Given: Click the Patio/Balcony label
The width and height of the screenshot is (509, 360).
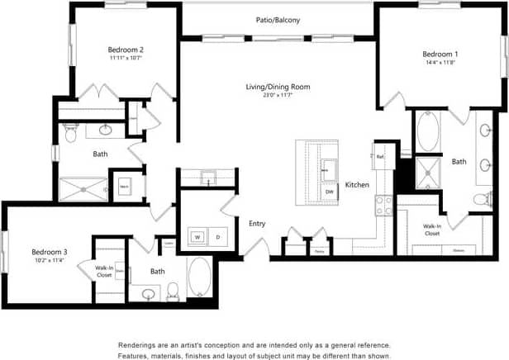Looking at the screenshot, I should click(278, 20).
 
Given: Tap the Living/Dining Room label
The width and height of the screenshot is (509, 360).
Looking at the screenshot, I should click(278, 87).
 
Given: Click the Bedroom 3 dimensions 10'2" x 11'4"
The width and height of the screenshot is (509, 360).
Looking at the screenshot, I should click(50, 261).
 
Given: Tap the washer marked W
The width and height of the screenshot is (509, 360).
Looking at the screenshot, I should click(197, 237).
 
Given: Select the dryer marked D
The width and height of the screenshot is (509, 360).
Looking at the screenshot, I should click(218, 237).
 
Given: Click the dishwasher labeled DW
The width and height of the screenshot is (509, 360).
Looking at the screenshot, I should click(329, 192).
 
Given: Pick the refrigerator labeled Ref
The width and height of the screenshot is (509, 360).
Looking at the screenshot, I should click(380, 156).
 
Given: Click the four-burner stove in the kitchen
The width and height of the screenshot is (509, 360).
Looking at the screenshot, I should click(384, 205).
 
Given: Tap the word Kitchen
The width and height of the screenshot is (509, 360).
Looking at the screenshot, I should click(357, 184).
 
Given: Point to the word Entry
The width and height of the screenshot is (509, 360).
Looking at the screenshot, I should click(257, 223).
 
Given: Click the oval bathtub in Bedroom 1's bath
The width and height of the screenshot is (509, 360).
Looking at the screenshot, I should click(429, 132).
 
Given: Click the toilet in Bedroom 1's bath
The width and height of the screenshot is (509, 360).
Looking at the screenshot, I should click(483, 199).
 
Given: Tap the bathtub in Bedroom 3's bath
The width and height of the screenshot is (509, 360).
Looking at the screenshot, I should click(201, 277).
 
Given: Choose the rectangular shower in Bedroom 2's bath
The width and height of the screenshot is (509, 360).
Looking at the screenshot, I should click(83, 189).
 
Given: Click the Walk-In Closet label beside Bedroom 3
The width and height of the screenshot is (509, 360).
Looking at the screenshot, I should click(104, 271).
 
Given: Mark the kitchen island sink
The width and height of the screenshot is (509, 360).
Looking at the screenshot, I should click(329, 165).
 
